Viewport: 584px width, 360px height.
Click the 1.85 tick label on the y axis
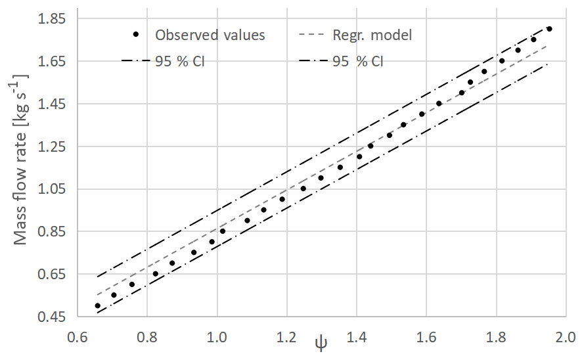pyautogui.click(x=53, y=18)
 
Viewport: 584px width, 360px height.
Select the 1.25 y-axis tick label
pyautogui.click(x=53, y=146)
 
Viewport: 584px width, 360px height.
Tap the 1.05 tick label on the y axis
pyautogui.click(x=53, y=189)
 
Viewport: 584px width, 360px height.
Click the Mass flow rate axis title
pyautogui.click(x=21, y=160)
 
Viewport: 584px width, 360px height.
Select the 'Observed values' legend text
pyautogui.click(x=210, y=35)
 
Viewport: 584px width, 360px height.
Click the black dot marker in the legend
pyautogui.click(x=135, y=35)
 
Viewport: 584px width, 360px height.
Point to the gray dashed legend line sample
pyautogui.click(x=313, y=35)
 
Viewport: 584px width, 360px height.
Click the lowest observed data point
pyautogui.click(x=98, y=305)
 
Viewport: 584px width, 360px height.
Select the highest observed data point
pyautogui.click(x=549, y=29)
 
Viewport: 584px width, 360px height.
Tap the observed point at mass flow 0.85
pyautogui.click(x=223, y=231)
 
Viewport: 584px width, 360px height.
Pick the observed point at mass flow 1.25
pyautogui.click(x=371, y=146)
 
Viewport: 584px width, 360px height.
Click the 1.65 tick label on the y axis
pyautogui.click(x=53, y=61)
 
